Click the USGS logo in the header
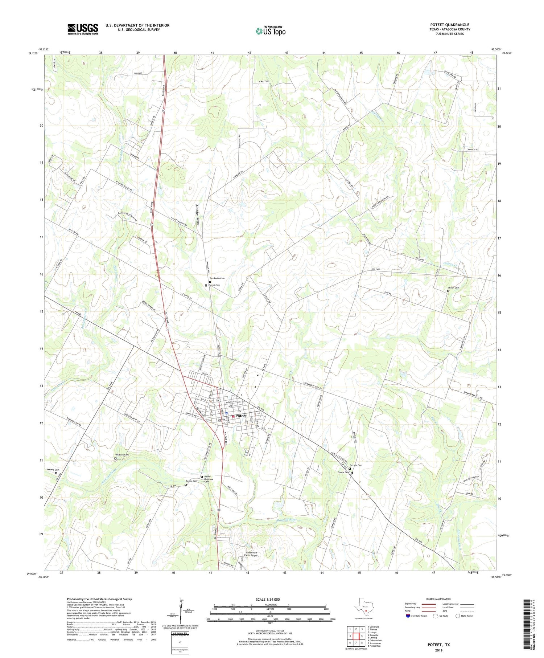82,29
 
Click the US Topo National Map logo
270,31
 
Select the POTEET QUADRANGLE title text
450,25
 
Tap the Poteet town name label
241,416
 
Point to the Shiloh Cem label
454,288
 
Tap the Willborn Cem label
122,455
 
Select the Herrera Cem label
53,470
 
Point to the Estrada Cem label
356,465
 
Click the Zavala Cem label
191,481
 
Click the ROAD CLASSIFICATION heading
439,599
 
